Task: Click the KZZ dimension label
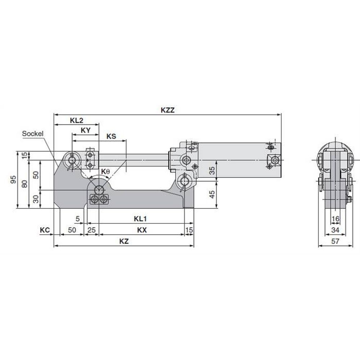[167, 111]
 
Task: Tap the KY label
[85, 131]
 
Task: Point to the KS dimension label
[111, 136]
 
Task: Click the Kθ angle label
[105, 172]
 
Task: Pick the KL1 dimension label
[141, 219]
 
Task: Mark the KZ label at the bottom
[124, 242]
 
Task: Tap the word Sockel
[33, 134]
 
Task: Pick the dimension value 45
[212, 194]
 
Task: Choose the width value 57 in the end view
[335, 242]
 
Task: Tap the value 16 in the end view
[335, 219]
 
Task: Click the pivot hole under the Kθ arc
[99, 189]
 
